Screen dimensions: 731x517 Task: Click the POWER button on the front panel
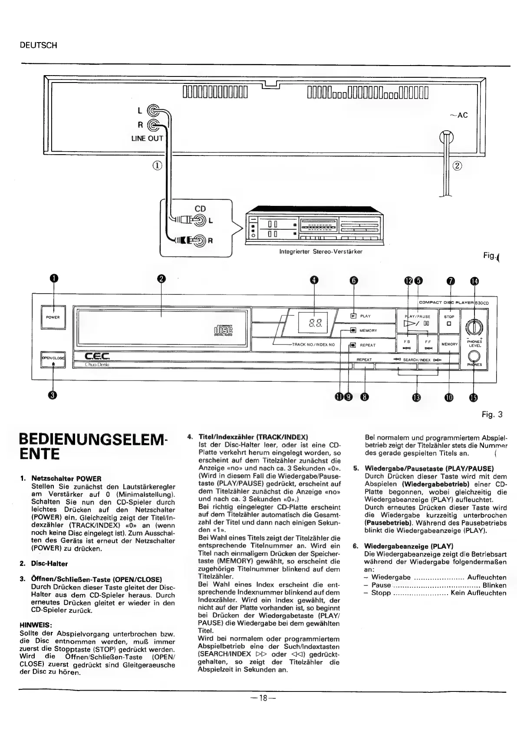click(x=53, y=317)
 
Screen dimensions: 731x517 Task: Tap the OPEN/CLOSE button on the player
click(x=53, y=359)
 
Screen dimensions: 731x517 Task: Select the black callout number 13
click(x=417, y=397)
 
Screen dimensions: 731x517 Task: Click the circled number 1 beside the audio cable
click(x=157, y=165)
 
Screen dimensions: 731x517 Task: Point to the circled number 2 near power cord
click(x=458, y=165)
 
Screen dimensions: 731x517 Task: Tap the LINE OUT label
click(x=147, y=139)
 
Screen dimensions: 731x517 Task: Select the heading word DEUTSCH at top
click(x=39, y=45)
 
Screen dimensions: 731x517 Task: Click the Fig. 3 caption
click(x=492, y=414)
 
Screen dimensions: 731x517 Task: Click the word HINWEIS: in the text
click(x=36, y=625)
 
